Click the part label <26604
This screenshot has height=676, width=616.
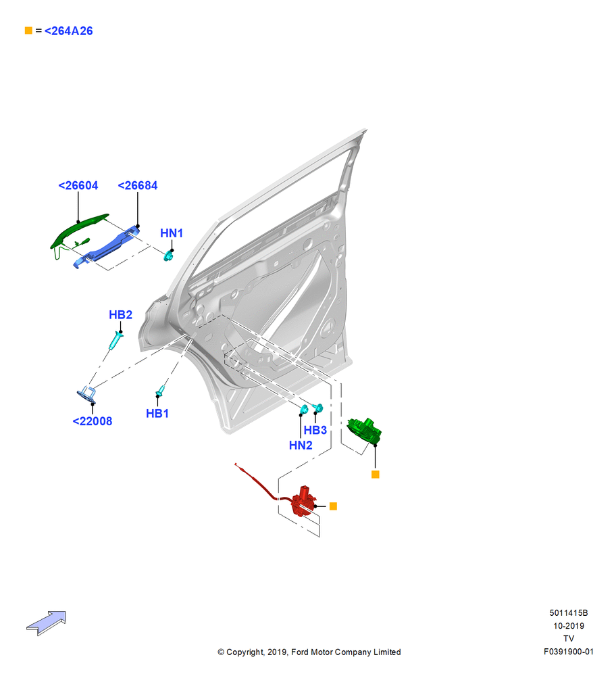tap(78, 185)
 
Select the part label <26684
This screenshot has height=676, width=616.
tap(137, 185)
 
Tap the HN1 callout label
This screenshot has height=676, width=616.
tap(172, 233)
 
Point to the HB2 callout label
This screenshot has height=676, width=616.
tap(120, 315)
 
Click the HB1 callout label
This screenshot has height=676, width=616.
tap(157, 414)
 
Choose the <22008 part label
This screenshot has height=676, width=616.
tap(92, 421)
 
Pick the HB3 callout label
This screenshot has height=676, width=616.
tap(315, 430)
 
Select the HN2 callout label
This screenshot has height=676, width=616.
tap(301, 445)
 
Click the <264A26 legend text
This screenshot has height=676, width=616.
tap(68, 31)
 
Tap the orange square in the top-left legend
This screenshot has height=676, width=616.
tap(28, 30)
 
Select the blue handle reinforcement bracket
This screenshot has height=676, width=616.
tap(106, 246)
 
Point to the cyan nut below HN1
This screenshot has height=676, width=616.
tap(168, 256)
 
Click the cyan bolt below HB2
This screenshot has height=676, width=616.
tap(115, 341)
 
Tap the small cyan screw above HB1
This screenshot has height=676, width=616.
tap(161, 391)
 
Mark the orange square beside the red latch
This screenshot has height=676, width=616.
tap(333, 506)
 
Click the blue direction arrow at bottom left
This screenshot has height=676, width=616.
tap(46, 623)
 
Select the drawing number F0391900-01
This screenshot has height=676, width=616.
tap(569, 652)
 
